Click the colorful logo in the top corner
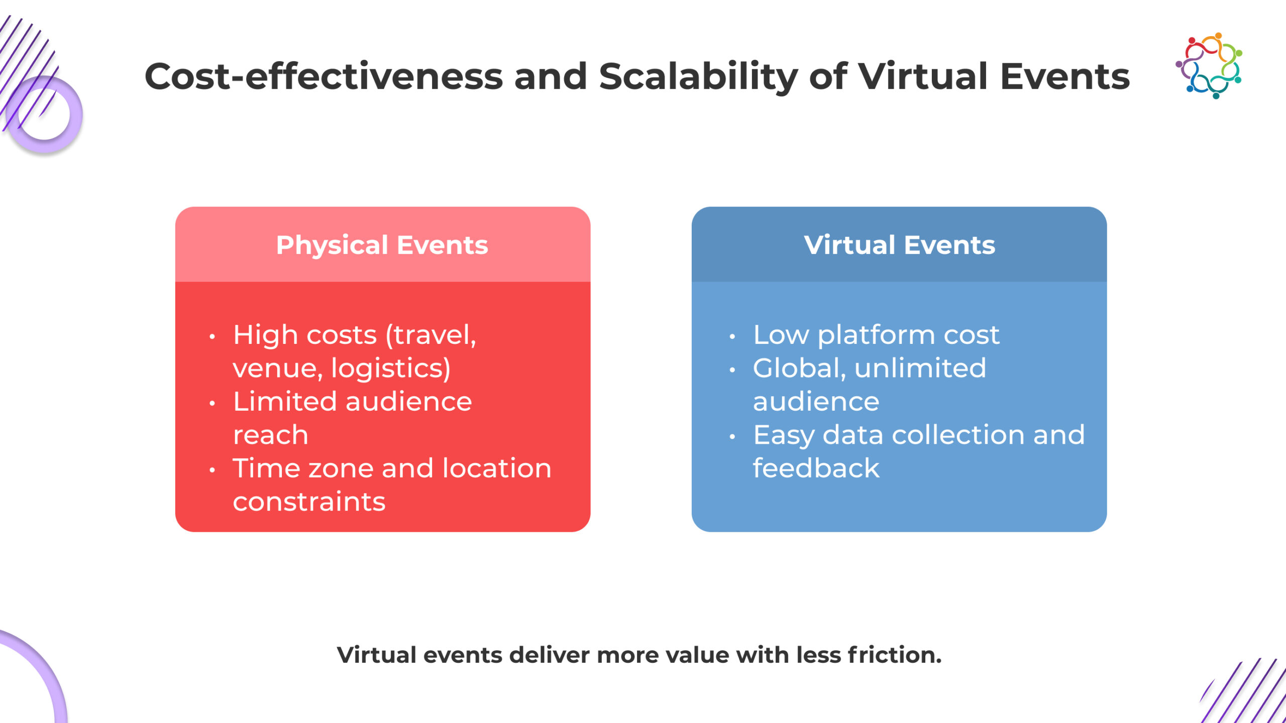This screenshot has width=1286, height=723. (1209, 65)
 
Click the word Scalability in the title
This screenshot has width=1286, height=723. (698, 77)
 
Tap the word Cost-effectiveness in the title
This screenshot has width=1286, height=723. (324, 77)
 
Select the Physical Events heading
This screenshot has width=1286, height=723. (382, 245)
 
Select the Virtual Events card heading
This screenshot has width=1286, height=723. (899, 245)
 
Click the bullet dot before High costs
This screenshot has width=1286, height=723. (212, 337)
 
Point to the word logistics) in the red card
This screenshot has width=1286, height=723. (391, 369)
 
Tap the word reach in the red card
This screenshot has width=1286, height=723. (270, 435)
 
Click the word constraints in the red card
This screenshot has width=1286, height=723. (309, 502)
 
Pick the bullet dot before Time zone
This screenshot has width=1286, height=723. (212, 470)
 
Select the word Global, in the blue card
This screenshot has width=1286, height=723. (799, 369)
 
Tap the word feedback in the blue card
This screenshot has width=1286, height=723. (816, 468)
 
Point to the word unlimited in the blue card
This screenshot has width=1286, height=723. (920, 368)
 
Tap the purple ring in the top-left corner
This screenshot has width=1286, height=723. (44, 114)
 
